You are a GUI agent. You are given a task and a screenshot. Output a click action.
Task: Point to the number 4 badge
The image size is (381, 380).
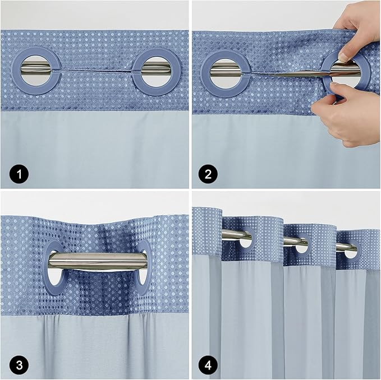click(x=208, y=365)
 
